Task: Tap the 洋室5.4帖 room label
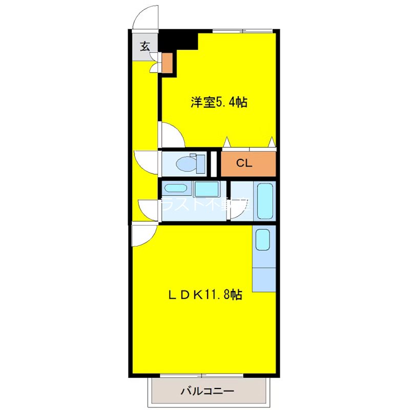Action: tap(219, 102)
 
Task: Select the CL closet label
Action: tap(244, 163)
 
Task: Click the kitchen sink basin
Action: tap(262, 240)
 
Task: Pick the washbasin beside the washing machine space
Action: tap(176, 189)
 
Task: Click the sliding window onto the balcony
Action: tap(205, 376)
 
